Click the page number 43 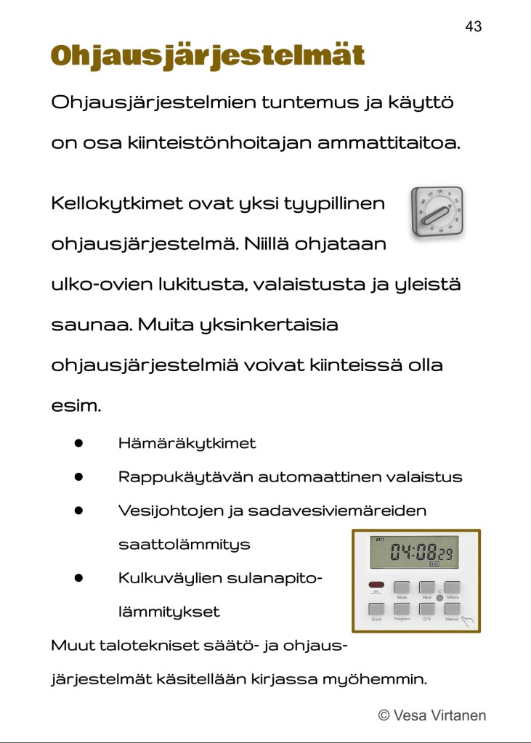(x=473, y=27)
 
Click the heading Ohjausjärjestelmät (x=207, y=56)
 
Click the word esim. (x=76, y=405)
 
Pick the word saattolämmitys (x=184, y=544)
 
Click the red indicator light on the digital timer (x=376, y=585)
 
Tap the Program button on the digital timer (x=402, y=609)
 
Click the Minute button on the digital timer (x=453, y=588)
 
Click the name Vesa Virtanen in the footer (x=439, y=715)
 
